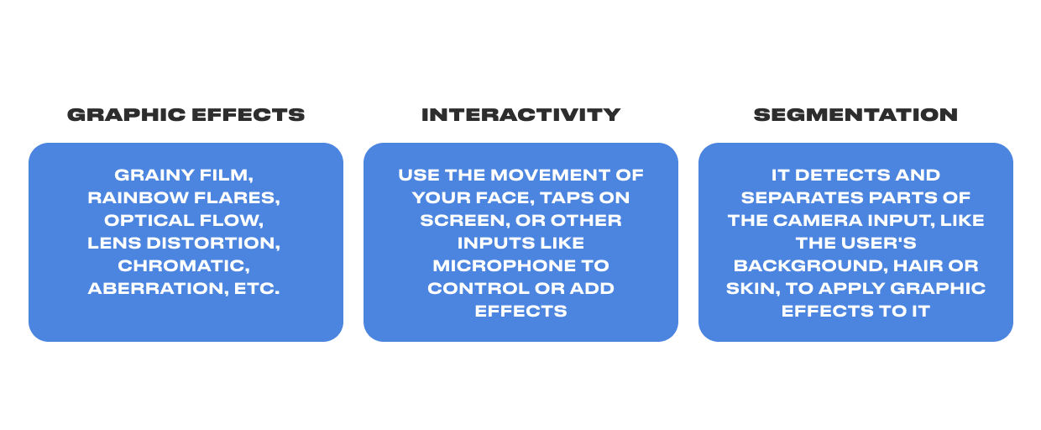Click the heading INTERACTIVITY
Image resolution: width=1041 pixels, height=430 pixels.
tap(520, 115)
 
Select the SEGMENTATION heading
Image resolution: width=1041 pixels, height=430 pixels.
tap(855, 115)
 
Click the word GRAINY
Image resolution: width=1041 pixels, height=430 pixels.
tap(154, 176)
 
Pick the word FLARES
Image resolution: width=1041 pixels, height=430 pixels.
tap(237, 198)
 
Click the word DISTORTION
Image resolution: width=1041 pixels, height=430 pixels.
tap(213, 244)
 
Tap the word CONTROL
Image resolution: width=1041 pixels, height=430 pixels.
tap(479, 289)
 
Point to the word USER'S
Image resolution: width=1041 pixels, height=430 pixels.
tap(879, 243)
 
